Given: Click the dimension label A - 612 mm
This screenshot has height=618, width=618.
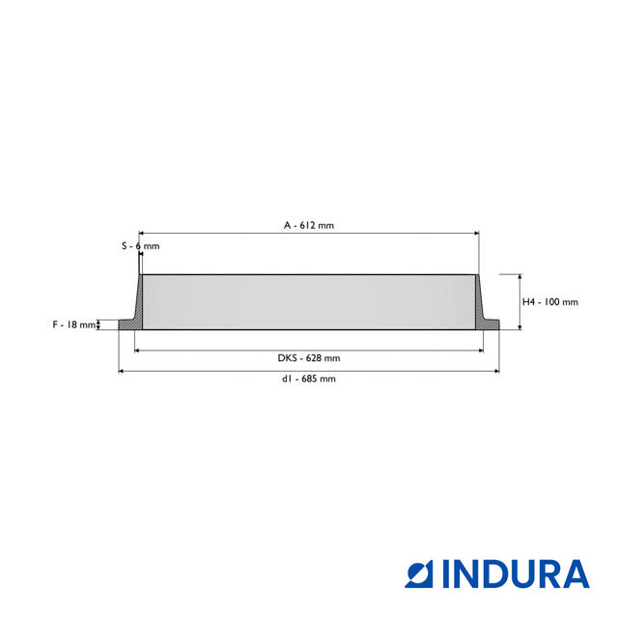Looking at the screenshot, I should (x=308, y=225).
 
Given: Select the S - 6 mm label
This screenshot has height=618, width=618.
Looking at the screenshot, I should (x=140, y=246).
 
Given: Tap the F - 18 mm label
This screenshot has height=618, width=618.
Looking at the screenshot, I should (x=74, y=324).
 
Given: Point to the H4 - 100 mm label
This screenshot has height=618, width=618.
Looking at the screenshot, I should (x=549, y=301).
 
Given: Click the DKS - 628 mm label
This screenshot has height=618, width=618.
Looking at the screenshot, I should (x=308, y=358).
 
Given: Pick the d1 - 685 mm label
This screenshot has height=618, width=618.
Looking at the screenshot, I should (x=308, y=379).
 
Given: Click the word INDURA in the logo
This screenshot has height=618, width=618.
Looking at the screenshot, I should (x=516, y=574).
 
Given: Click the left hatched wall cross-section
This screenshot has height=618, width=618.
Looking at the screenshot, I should (x=137, y=304).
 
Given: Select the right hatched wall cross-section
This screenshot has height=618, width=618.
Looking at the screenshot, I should (x=481, y=304).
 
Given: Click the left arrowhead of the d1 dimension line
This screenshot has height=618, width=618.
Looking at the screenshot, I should (x=122, y=371).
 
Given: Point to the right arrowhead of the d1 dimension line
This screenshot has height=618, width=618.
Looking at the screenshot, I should (x=496, y=371).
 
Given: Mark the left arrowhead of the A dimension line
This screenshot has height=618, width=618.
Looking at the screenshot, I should (x=143, y=233).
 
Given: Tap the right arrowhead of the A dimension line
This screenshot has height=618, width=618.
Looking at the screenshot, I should (x=475, y=233).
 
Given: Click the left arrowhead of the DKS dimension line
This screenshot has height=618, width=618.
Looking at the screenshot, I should (x=138, y=350).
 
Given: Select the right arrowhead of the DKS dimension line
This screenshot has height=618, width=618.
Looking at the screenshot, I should (x=480, y=350).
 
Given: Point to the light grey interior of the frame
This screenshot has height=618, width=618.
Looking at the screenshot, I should (x=309, y=302).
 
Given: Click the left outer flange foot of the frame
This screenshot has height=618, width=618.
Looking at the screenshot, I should (x=125, y=324).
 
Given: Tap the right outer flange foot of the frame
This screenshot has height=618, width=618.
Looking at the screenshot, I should (x=493, y=324).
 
